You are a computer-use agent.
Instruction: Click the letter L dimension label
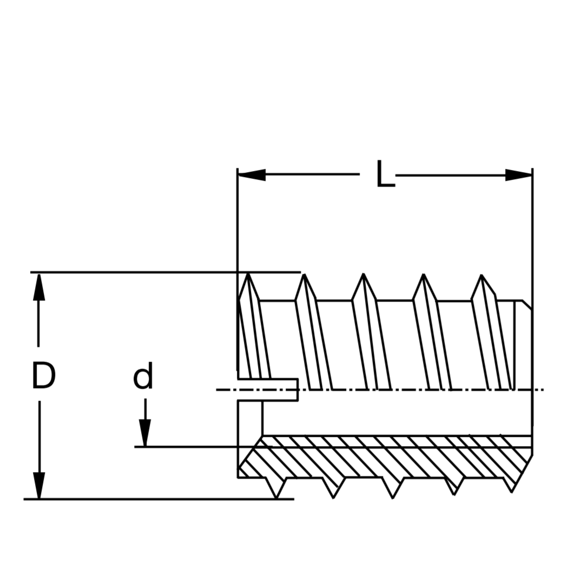coord(386,173)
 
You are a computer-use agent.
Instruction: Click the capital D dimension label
coord(43,375)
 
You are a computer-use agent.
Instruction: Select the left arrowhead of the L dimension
coord(252,175)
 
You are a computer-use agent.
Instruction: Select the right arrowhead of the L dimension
coord(519,175)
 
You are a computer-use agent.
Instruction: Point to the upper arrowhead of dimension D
coord(38,287)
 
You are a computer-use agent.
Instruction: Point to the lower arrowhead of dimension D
coord(39,485)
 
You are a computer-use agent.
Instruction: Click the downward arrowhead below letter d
coord(145,433)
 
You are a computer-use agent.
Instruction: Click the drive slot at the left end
coord(268,390)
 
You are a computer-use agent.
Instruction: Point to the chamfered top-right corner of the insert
coord(527,305)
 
